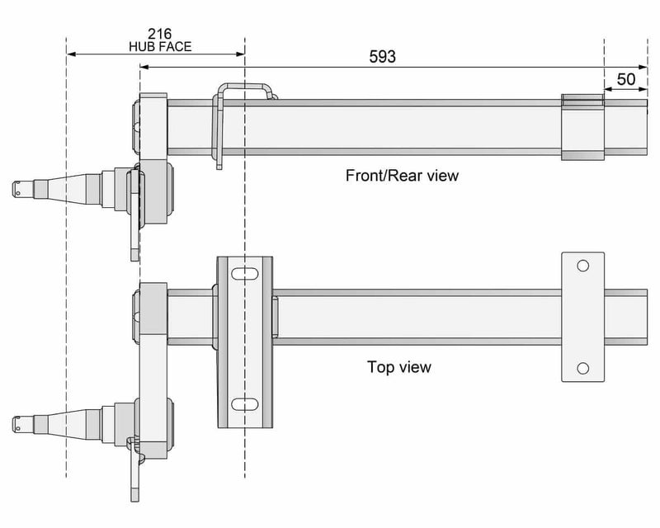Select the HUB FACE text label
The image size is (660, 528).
click(160, 47)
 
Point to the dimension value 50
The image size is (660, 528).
click(626, 79)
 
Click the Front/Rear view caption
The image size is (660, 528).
click(403, 176)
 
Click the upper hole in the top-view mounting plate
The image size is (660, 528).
click(582, 266)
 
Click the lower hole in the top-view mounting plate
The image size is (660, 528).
click(582, 368)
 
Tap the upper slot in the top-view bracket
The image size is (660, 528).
click(244, 274)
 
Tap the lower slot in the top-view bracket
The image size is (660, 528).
click(244, 403)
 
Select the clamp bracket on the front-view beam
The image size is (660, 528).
click(582, 127)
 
